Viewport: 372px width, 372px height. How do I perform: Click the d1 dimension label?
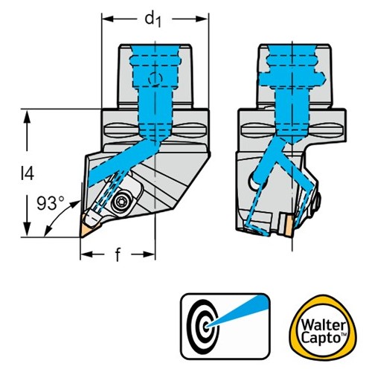(x=153, y=20)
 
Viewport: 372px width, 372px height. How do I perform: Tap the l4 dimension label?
(x=28, y=173)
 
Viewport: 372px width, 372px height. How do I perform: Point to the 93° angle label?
(x=51, y=203)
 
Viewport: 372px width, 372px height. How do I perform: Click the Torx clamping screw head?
(x=120, y=202)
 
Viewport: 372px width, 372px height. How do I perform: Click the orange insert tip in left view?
(x=86, y=227)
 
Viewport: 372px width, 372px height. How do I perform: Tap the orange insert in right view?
(x=288, y=225)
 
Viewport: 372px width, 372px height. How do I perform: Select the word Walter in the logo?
(x=323, y=325)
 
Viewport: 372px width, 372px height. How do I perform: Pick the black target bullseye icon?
(x=203, y=327)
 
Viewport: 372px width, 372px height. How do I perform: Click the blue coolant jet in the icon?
(x=238, y=312)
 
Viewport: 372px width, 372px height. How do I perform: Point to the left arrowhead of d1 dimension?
(x=107, y=19)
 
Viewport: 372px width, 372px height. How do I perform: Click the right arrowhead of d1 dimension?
(x=202, y=19)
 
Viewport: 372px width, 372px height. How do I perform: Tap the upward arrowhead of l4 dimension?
(x=28, y=116)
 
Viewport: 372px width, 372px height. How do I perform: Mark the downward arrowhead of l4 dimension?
(x=28, y=230)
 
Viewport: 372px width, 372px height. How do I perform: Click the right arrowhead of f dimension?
(x=150, y=254)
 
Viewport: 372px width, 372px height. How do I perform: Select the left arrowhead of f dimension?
(x=86, y=254)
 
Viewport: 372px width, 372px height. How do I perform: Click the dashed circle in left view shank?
(x=155, y=79)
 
